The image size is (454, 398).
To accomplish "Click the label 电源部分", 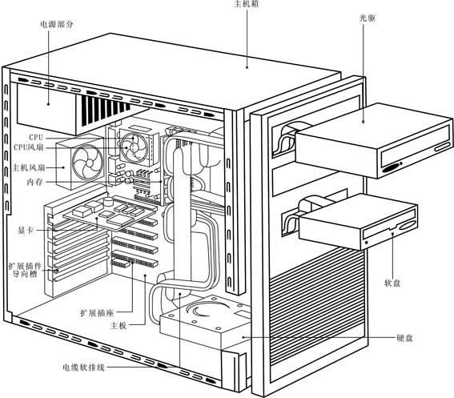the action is pyautogui.click(x=57, y=24).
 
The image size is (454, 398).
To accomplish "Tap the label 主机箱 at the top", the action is pyautogui.click(x=247, y=4).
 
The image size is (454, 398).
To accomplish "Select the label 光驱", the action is pyautogui.click(x=368, y=18).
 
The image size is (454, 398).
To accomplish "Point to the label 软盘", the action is pyautogui.click(x=392, y=283).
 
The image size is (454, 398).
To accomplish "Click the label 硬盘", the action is pyautogui.click(x=404, y=338).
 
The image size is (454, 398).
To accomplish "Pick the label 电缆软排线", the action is pyautogui.click(x=84, y=368).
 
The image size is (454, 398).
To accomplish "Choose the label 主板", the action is pyautogui.click(x=119, y=325).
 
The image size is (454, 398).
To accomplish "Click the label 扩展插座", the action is pyautogui.click(x=97, y=312).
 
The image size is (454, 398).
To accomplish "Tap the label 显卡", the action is pyautogui.click(x=26, y=231).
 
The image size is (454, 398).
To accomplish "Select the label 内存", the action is pyautogui.click(x=34, y=182).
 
